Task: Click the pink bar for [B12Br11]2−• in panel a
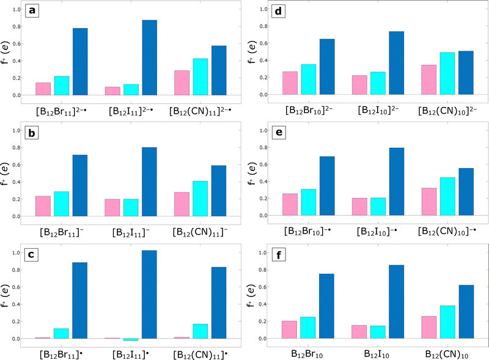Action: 43,89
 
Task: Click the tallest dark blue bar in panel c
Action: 150,294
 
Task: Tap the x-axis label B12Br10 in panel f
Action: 309,353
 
